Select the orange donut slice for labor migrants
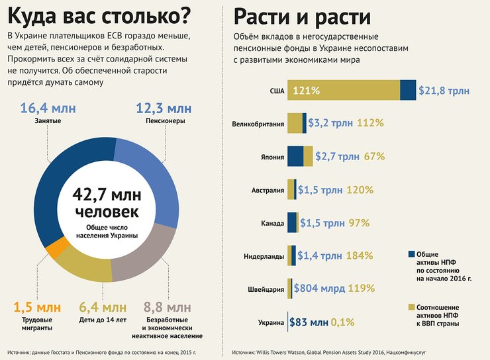click(x=58, y=248)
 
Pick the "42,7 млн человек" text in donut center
click(x=107, y=204)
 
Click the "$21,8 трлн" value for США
click(x=448, y=91)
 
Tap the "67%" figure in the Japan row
click(x=373, y=157)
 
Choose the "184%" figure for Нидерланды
click(x=360, y=255)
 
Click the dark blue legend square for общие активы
click(x=411, y=254)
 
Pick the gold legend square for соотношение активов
click(x=411, y=308)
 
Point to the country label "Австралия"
click(x=268, y=190)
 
